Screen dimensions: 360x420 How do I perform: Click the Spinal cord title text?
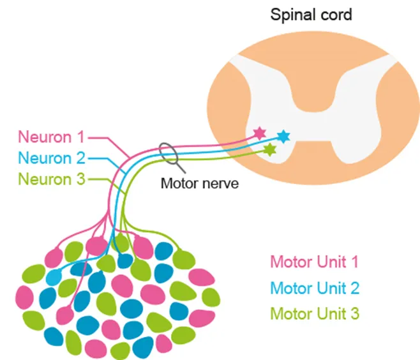pyautogui.click(x=311, y=14)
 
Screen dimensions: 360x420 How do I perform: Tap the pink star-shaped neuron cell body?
pyautogui.click(x=259, y=133)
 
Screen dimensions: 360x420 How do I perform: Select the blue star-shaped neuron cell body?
pyautogui.click(x=283, y=136)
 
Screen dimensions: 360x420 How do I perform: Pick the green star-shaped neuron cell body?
pyautogui.click(x=271, y=150)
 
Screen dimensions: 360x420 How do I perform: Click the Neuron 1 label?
pyautogui.click(x=50, y=137)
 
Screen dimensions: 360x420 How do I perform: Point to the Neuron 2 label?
pyautogui.click(x=50, y=158)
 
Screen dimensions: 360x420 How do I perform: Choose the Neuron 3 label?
pyautogui.click(x=50, y=179)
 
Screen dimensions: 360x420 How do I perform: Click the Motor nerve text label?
pyautogui.click(x=199, y=184)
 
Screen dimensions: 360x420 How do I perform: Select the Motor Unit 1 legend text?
pyautogui.click(x=314, y=262)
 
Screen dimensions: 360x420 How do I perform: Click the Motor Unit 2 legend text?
pyautogui.click(x=314, y=288)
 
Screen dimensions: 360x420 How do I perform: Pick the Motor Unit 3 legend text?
pyautogui.click(x=314, y=314)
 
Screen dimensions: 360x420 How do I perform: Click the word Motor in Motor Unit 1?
pyautogui.click(x=290, y=262)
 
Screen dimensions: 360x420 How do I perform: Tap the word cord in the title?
pyautogui.click(x=334, y=14)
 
